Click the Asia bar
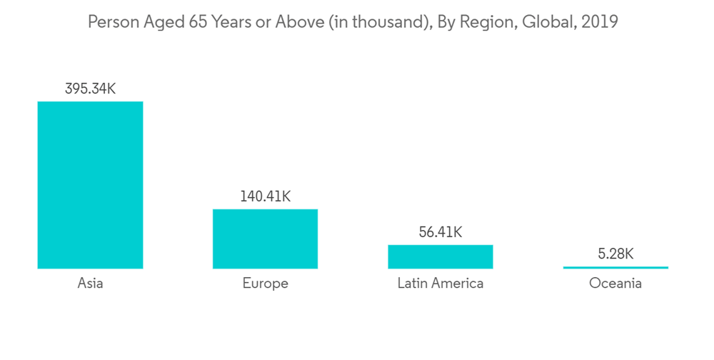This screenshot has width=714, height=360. coord(90,185)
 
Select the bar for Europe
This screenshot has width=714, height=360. coord(265,239)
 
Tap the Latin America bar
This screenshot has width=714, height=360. coord(441,256)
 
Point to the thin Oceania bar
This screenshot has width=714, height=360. coord(615,267)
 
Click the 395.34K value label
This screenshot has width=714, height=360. coord(90,89)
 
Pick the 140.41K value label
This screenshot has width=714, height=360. coord(265,196)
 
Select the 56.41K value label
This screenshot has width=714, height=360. coord(441,232)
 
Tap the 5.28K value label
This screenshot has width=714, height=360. coord(615,254)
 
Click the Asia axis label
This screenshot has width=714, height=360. coord(90,284)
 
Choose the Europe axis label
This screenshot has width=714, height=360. coord(265,284)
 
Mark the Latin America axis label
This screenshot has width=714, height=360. coord(441,284)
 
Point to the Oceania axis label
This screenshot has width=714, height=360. coord(615,284)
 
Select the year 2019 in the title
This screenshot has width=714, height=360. coord(600,22)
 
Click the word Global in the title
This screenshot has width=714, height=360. coord(547,22)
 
